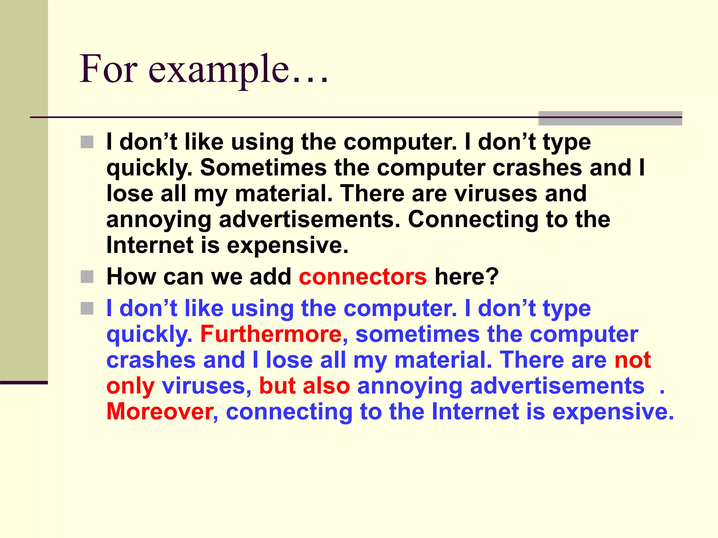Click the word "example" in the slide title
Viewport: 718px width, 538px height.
coord(219,70)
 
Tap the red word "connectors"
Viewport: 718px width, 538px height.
coord(363,277)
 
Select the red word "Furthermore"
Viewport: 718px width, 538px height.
coord(271,334)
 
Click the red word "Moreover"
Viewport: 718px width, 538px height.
coord(160,411)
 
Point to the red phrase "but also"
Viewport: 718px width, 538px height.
coord(304,386)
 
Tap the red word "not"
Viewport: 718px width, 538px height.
coord(632,360)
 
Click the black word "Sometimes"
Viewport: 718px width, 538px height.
coord(263,167)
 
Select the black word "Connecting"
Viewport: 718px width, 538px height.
coord(473,220)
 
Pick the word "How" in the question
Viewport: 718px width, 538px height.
coord(131,277)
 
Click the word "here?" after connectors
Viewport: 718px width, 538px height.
coord(466,277)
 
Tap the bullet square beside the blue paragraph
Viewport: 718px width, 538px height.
coord(87,309)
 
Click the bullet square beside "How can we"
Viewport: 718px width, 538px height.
coord(87,277)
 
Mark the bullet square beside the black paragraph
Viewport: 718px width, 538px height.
coord(87,142)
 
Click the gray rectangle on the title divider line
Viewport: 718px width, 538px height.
coord(610,118)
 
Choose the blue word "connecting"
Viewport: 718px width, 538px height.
coord(289,411)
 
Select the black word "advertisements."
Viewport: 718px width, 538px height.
coord(310,220)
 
